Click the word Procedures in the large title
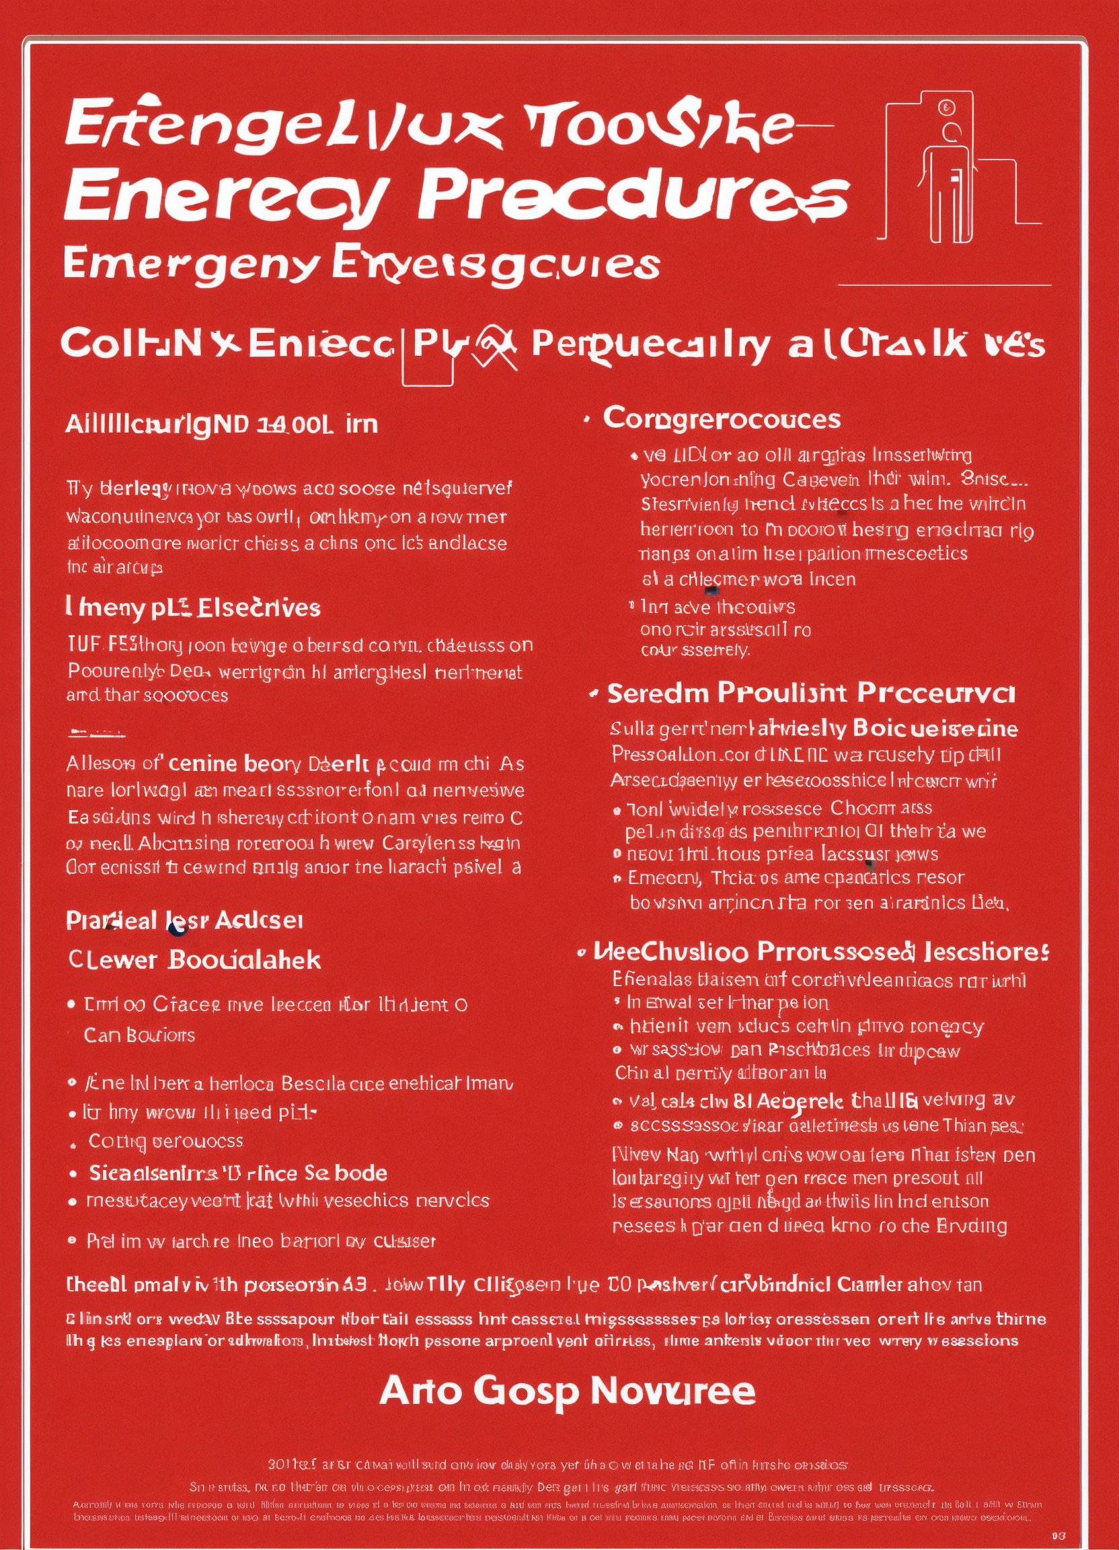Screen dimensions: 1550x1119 pos(633,196)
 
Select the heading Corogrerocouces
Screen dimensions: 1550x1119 pos(722,419)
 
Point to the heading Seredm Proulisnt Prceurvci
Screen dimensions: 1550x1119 pos(811,694)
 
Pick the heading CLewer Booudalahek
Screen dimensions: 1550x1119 pos(195,960)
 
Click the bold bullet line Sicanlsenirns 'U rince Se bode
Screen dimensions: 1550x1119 pos(238,1173)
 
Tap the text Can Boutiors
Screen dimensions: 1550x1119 pos(139,1035)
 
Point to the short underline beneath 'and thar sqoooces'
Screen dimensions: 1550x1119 pos(96,733)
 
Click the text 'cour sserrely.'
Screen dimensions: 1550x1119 pos(695,650)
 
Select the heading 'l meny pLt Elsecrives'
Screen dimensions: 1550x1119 pos(193,607)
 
